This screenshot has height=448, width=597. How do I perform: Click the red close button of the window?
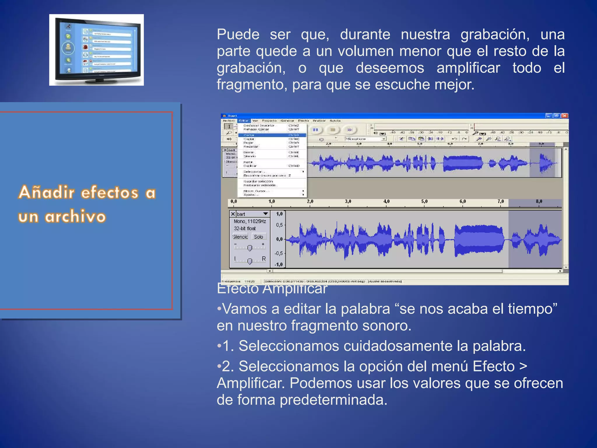pos(565,116)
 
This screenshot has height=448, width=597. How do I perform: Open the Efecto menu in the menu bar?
pos(303,121)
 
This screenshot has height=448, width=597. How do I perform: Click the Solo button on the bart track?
pos(258,237)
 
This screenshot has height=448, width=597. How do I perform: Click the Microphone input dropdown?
pos(366,139)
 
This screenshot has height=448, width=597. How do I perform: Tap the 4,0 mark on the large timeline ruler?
pos(386,202)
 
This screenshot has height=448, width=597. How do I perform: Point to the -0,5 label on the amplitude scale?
pos(278,253)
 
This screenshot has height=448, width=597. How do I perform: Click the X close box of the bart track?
pos(233,214)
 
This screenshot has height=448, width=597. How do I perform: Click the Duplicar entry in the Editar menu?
pos(250,166)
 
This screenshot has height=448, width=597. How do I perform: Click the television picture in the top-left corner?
pos(96,50)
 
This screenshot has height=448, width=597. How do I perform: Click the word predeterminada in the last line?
pos(333,400)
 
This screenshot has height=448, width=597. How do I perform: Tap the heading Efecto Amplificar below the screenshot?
pos(272,289)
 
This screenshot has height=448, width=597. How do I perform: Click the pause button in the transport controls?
pos(315,130)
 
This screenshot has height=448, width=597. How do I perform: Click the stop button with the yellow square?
pos(333,130)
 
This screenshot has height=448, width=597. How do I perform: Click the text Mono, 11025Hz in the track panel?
pos(250,221)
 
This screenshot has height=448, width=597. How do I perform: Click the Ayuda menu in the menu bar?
pos(335,121)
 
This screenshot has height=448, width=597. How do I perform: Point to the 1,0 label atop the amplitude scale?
pos(279,214)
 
